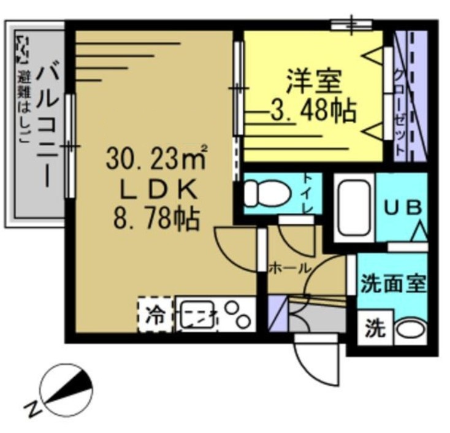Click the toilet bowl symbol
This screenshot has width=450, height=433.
tap(266, 194)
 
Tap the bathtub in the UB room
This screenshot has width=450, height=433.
tap(354, 207)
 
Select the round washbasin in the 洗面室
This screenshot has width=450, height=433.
tap(409, 330)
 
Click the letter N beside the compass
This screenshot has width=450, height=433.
tap(31, 407)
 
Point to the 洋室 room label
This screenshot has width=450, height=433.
tap(314, 82)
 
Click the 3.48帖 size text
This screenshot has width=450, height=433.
tap(313, 111)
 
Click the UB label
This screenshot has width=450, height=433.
tap(403, 208)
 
